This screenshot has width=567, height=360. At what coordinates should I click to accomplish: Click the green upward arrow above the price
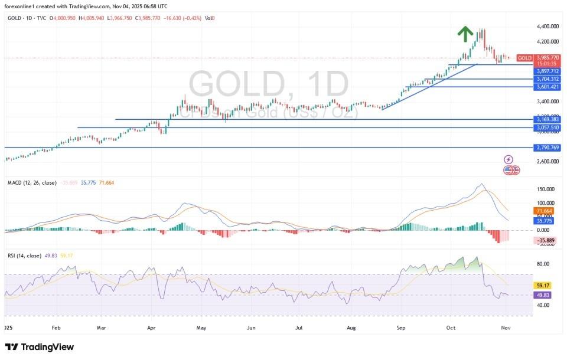[466, 34]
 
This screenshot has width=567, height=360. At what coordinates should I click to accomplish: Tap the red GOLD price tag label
[524, 58]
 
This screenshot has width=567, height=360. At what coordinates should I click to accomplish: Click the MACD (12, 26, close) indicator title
[32, 183]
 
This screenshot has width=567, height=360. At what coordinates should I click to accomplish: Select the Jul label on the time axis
[298, 326]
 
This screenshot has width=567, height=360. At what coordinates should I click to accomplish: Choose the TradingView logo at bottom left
[40, 347]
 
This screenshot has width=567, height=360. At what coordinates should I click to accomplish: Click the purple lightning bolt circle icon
[509, 159]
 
